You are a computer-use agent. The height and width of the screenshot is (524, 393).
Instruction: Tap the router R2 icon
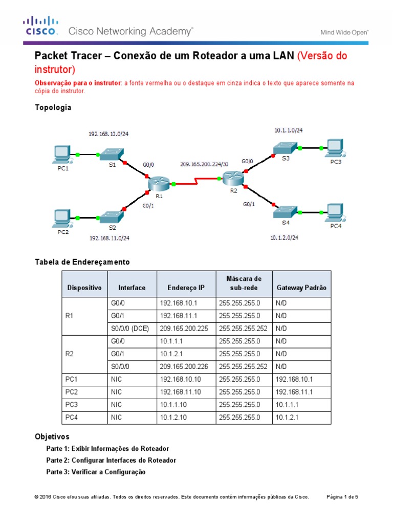pos(234,178)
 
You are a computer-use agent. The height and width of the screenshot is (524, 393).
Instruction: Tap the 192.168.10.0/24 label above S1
pos(108,134)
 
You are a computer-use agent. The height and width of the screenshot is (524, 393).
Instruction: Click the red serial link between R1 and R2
pos(196,181)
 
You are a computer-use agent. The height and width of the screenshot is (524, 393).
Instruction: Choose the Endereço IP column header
pos(186,288)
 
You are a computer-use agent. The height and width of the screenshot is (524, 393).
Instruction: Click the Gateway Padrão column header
pos(301,288)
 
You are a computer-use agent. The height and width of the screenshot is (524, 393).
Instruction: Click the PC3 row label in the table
pos(72,405)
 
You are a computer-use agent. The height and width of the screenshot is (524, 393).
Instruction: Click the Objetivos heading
pos(52,436)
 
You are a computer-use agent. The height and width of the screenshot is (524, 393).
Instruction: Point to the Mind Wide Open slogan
pos(344,32)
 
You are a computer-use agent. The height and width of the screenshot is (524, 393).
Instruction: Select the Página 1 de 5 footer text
pos(343,496)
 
